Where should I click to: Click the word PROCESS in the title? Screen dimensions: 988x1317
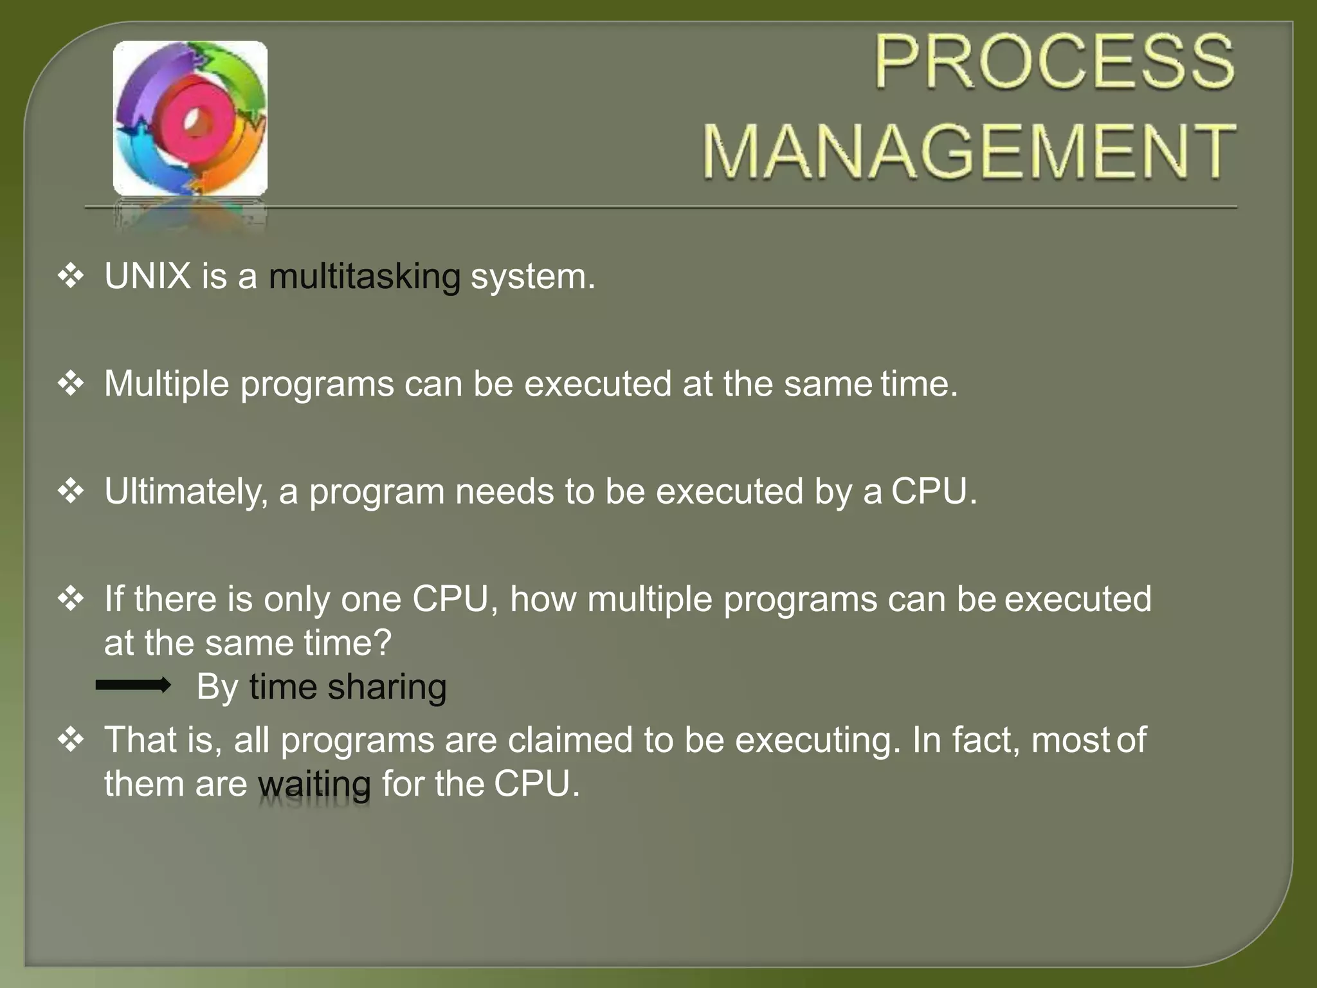pyautogui.click(x=1055, y=62)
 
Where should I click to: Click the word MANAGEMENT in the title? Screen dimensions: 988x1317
pyautogui.click(x=968, y=152)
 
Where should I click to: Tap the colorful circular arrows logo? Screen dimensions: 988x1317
pyautogui.click(x=190, y=119)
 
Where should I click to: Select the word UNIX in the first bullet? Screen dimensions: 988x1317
pyautogui.click(x=148, y=277)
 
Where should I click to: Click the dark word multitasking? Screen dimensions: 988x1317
pyautogui.click(x=364, y=277)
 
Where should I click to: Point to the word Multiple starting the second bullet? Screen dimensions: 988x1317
pyautogui.click(x=167, y=385)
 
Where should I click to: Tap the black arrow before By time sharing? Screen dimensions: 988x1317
pyautogui.click(x=133, y=685)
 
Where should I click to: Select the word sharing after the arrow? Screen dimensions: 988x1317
pyautogui.click(x=386, y=688)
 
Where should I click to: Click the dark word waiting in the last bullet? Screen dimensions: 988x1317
pyautogui.click(x=314, y=785)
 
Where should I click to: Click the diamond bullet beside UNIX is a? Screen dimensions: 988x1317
pyautogui.click(x=71, y=276)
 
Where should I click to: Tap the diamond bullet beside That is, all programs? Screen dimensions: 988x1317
pyautogui.click(x=71, y=740)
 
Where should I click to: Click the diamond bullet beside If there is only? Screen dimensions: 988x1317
pyautogui.click(x=71, y=599)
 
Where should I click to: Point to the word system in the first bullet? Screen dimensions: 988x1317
pyautogui.click(x=532, y=277)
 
